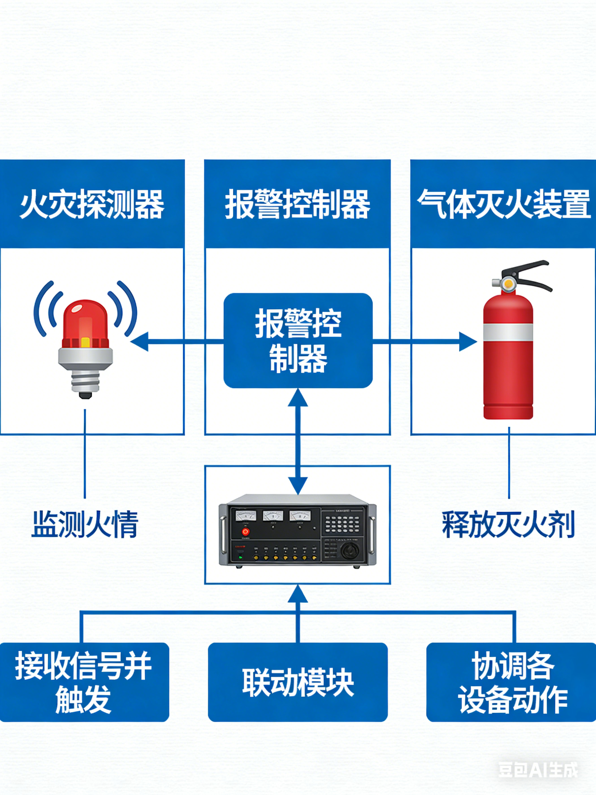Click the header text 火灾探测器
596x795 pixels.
coord(92,204)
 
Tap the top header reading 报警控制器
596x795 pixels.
coord(297,204)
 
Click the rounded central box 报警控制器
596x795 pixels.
coord(298,340)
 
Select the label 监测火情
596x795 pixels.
coord(85,524)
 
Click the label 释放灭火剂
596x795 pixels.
coord(508,524)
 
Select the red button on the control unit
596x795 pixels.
coord(245,532)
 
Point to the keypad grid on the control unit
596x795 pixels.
coord(342,524)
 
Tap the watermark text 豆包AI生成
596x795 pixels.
coord(538,770)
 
